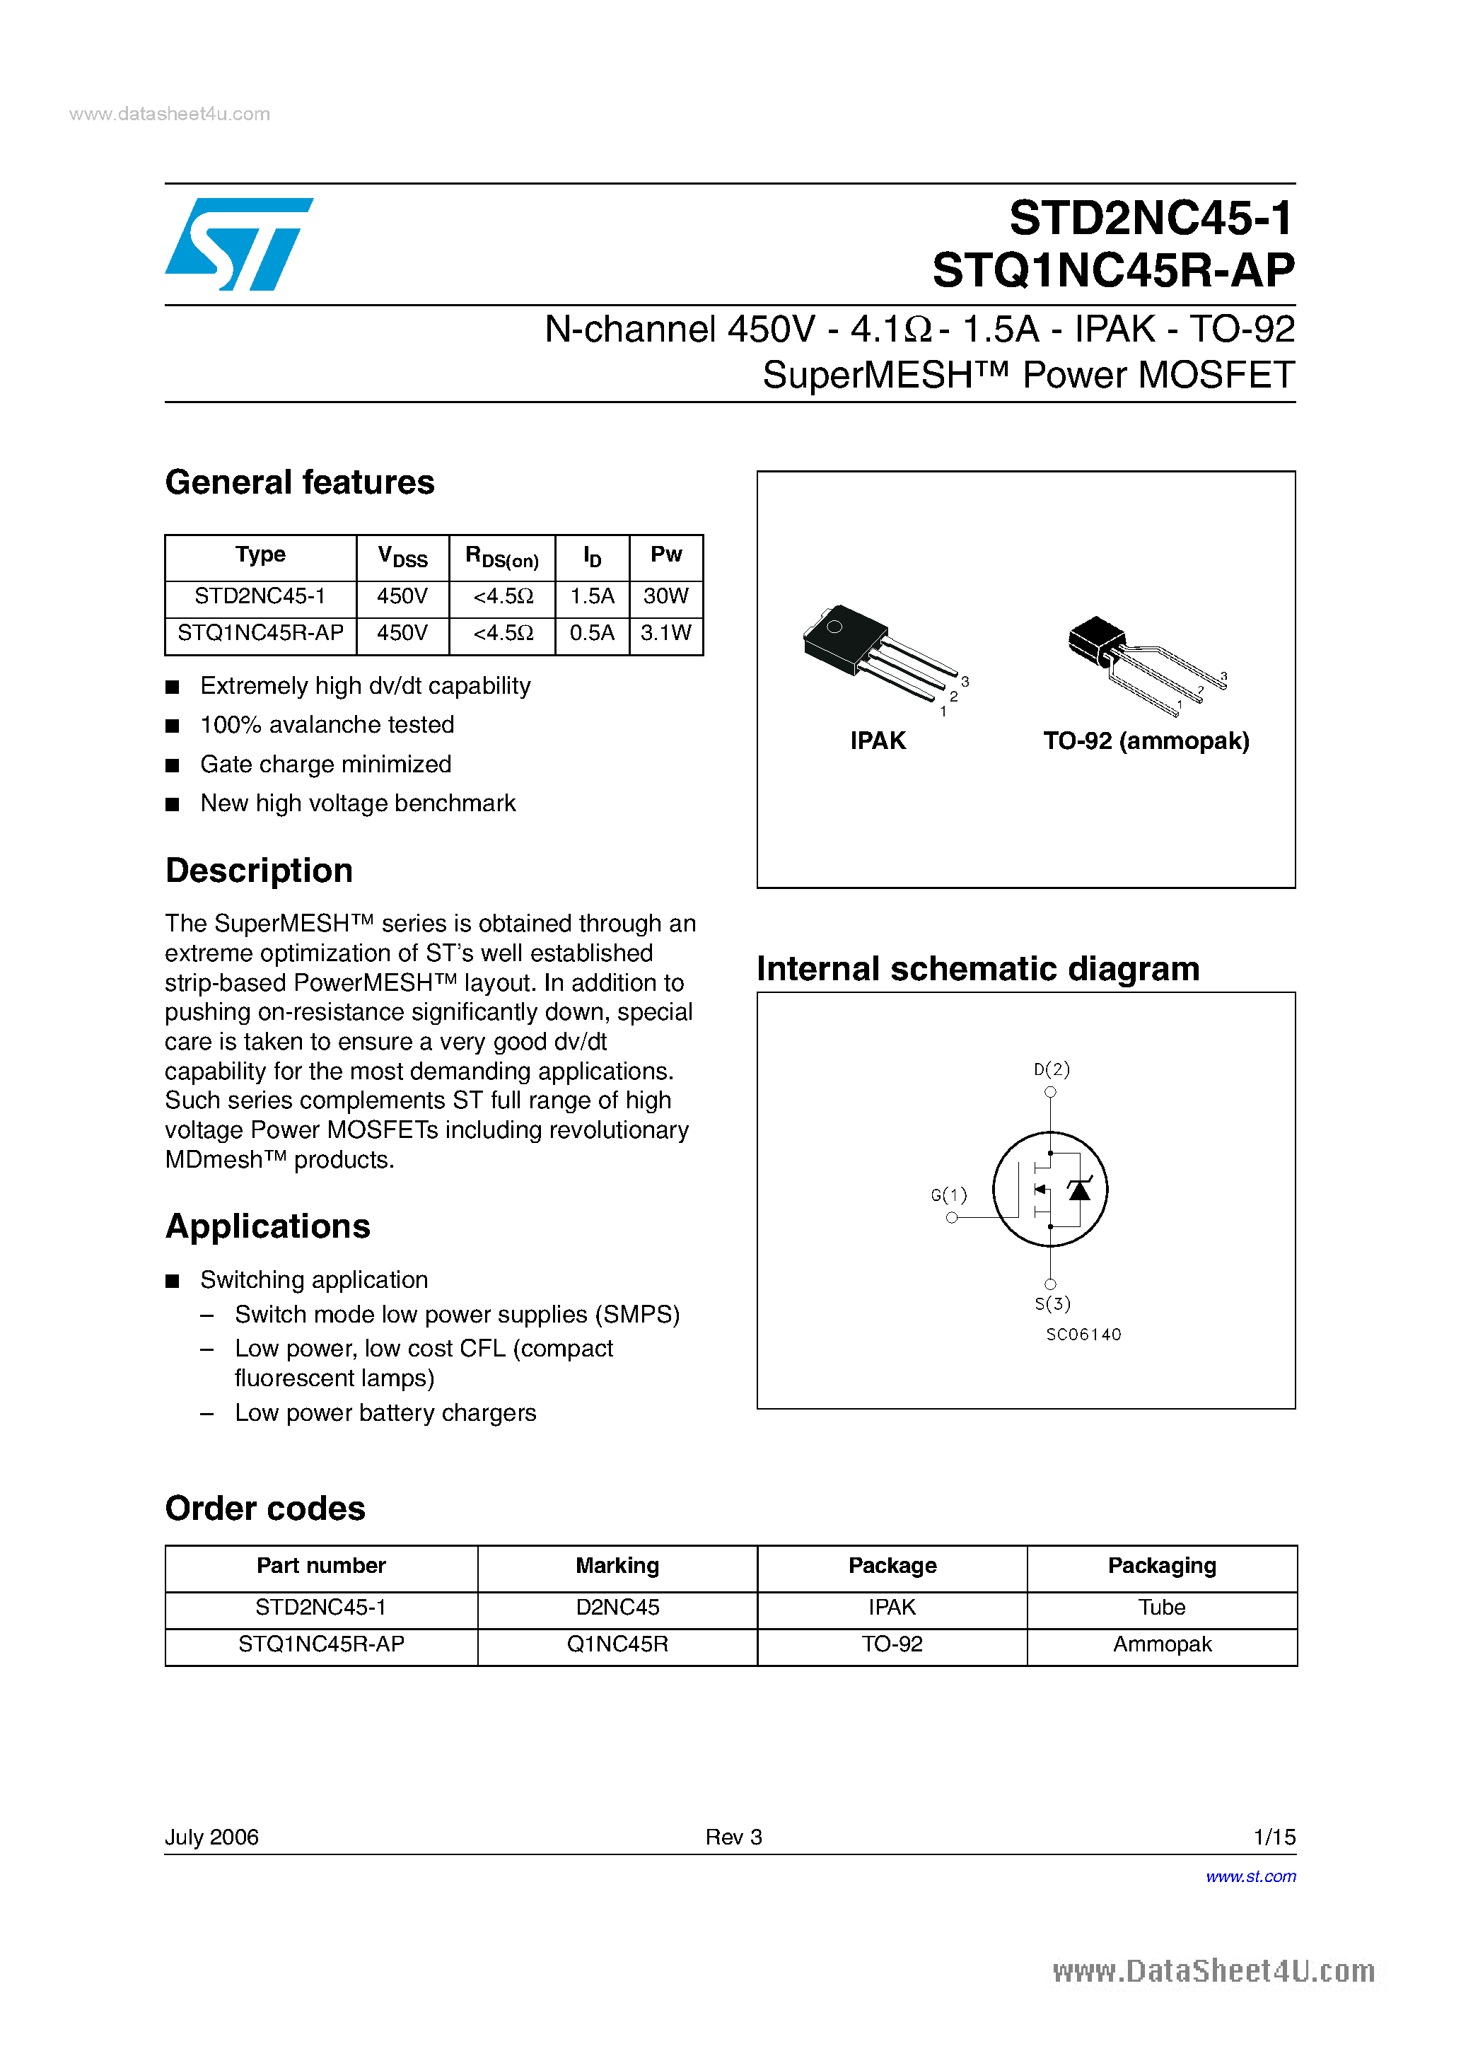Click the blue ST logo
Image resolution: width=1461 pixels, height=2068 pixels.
click(239, 244)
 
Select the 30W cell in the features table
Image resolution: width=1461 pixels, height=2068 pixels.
click(665, 596)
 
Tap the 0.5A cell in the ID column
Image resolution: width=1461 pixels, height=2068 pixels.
click(592, 633)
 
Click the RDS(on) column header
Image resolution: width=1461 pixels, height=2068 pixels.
click(501, 557)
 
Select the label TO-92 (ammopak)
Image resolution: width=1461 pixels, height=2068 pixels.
click(1146, 740)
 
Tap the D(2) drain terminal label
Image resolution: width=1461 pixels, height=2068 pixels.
click(1051, 1069)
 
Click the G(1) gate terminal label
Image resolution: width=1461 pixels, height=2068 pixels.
click(948, 1195)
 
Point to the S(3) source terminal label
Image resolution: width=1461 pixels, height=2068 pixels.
click(1052, 1303)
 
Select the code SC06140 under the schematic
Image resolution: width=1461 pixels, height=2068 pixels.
click(1083, 1334)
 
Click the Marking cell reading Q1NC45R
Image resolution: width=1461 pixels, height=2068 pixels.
click(617, 1644)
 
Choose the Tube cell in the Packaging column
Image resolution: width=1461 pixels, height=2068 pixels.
click(1161, 1607)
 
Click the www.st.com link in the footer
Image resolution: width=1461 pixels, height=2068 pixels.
click(1250, 1876)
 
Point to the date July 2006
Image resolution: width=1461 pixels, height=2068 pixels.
click(211, 1837)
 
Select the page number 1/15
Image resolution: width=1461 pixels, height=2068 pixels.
click(1274, 1837)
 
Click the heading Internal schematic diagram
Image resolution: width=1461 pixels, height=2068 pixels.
click(977, 968)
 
